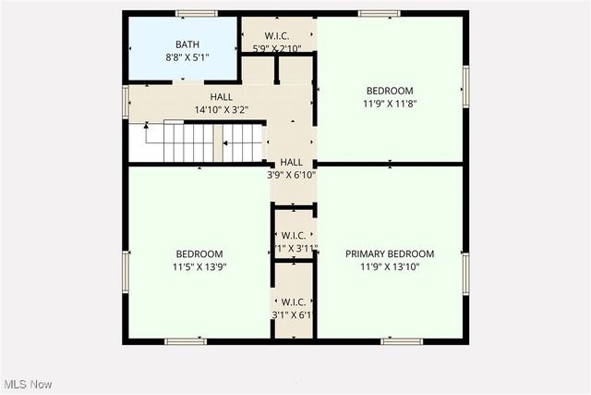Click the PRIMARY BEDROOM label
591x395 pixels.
(x=390, y=253)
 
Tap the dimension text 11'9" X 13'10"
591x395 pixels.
(x=390, y=266)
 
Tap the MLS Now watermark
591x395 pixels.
(x=28, y=384)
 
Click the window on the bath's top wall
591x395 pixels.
(x=196, y=13)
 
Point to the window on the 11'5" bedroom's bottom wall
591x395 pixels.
(x=186, y=341)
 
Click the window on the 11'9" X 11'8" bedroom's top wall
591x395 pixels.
(x=379, y=13)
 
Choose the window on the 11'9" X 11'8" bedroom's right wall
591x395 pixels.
(x=465, y=84)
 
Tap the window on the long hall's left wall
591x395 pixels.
(x=125, y=100)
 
